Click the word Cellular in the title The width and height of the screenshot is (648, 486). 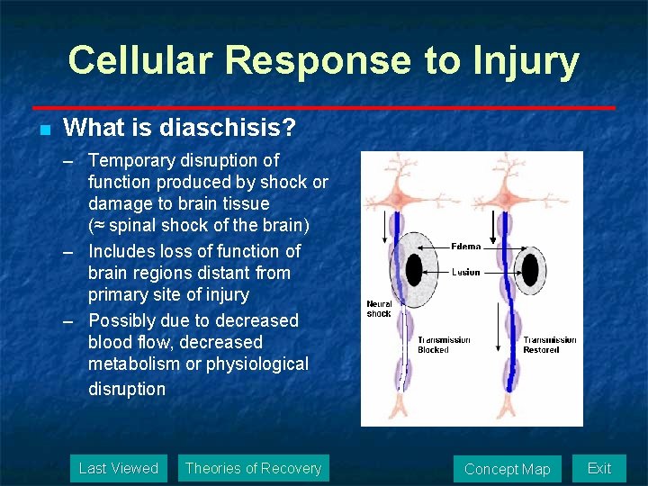(x=139, y=61)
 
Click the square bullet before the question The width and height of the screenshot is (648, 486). (x=43, y=130)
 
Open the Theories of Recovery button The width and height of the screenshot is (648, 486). (x=253, y=468)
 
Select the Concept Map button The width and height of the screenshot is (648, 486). (x=507, y=469)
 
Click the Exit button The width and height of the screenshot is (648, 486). (x=598, y=468)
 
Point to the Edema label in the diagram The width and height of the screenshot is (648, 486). (x=466, y=247)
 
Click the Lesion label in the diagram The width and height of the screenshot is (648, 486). (x=466, y=272)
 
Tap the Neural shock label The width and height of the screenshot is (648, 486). (x=379, y=309)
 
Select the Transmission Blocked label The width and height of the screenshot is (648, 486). (x=444, y=345)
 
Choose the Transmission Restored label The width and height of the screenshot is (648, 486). (x=550, y=345)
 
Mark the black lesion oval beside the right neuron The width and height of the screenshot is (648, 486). (x=530, y=269)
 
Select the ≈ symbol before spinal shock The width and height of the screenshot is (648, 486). (x=97, y=225)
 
